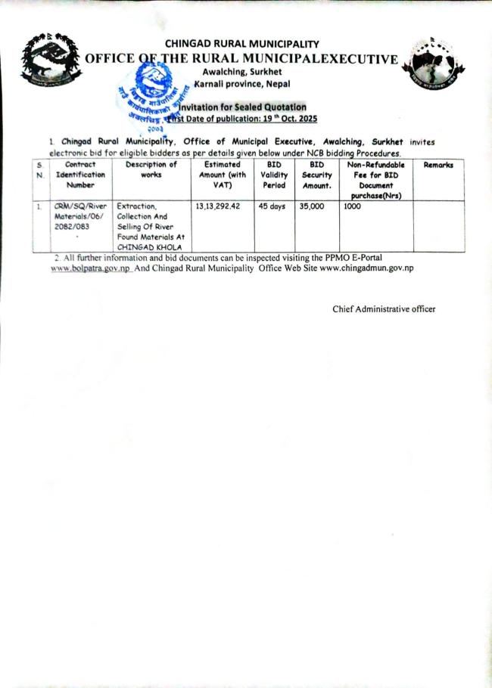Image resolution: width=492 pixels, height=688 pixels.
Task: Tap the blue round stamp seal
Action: pyautogui.click(x=156, y=95)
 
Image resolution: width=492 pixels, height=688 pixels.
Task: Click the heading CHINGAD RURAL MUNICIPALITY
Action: pyautogui.click(x=242, y=45)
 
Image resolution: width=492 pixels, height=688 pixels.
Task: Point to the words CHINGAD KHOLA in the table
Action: pyautogui.click(x=148, y=247)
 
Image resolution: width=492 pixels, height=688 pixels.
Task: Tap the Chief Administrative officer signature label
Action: pyautogui.click(x=384, y=308)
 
